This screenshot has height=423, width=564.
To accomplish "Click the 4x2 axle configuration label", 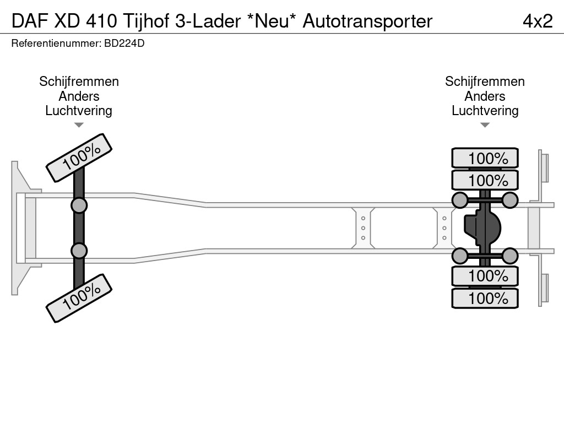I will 537,21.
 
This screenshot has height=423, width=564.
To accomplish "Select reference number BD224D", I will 123,43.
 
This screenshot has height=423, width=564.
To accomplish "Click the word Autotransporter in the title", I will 367,21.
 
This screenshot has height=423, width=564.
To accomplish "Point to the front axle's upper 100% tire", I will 79,158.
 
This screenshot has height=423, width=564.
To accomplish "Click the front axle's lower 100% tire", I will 79,297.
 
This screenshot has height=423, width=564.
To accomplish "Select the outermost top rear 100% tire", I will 485,158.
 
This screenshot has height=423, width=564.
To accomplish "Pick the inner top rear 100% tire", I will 485,180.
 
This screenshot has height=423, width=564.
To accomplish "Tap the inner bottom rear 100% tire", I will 485,275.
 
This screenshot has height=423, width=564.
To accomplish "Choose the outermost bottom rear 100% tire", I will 485,298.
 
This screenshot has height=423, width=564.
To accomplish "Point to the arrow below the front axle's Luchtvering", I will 79,125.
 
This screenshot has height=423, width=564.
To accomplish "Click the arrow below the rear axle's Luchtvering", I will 485,125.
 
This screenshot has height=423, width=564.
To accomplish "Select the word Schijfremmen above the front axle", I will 79,82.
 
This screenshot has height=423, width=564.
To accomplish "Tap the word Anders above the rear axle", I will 485,96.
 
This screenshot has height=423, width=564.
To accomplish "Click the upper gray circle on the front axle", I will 79,205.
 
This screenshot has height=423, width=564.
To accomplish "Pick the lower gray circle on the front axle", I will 79,251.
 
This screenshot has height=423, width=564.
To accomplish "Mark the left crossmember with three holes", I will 364,227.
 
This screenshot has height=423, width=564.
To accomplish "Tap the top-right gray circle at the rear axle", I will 510,199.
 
